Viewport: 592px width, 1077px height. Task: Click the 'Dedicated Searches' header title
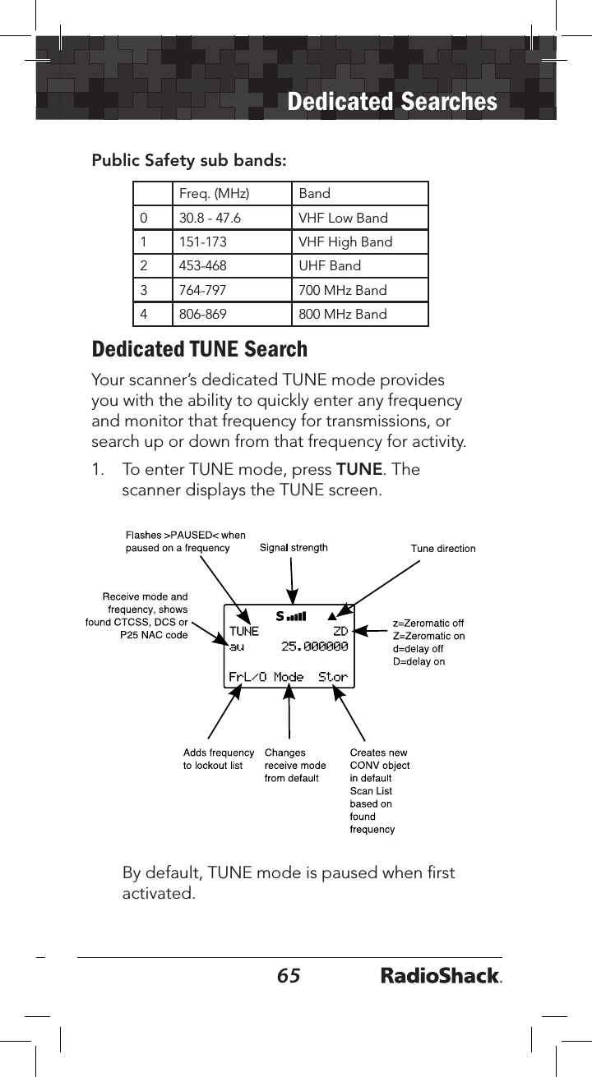click(393, 102)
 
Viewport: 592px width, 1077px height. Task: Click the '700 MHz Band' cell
click(343, 290)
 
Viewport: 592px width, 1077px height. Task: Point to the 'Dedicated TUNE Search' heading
click(200, 349)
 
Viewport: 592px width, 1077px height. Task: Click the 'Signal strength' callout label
click(294, 547)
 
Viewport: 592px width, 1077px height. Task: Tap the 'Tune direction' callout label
click(442, 548)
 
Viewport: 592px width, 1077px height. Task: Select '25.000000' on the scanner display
click(315, 647)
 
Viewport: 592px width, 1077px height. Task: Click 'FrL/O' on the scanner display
click(246, 678)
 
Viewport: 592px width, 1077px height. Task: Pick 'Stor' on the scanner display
click(333, 678)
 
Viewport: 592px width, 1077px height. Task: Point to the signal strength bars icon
click(290, 615)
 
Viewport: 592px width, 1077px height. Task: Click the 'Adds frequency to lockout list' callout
click(218, 758)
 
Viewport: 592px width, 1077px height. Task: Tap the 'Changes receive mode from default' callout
click(294, 765)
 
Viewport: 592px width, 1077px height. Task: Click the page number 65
click(289, 975)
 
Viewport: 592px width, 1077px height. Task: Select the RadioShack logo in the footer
click(441, 976)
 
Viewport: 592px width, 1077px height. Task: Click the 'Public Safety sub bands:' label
click(189, 160)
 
